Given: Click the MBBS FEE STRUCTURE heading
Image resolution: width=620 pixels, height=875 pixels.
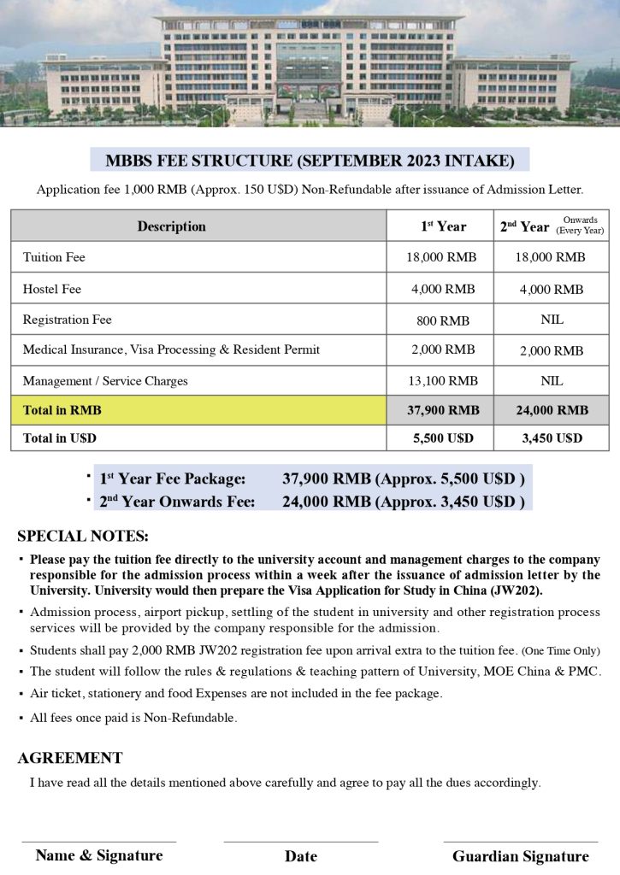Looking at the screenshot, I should [x=310, y=161].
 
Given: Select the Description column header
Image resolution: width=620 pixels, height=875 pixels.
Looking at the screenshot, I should [x=171, y=226].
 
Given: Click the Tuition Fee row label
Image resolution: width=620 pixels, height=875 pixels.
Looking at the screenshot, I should [x=54, y=257].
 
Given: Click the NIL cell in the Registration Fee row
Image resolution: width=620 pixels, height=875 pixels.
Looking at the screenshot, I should [x=552, y=320].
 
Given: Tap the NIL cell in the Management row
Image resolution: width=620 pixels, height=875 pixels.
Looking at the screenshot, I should [x=552, y=380].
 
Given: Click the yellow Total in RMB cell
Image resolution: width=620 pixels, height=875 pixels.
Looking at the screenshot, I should [x=198, y=410].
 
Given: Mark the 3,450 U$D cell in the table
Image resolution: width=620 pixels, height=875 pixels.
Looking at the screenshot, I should [x=552, y=437].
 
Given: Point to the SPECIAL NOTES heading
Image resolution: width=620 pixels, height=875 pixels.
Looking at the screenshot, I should [x=83, y=537].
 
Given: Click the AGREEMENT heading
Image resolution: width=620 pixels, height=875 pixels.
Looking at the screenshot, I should [x=70, y=758].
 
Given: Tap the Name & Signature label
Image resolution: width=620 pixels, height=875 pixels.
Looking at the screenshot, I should [x=99, y=855].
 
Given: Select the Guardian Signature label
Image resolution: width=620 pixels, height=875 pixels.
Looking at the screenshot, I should [x=520, y=856].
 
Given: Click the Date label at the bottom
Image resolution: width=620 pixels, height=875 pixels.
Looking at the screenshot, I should [x=301, y=856].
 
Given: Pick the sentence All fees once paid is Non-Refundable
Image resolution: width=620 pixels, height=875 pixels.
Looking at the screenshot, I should [x=133, y=718].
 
